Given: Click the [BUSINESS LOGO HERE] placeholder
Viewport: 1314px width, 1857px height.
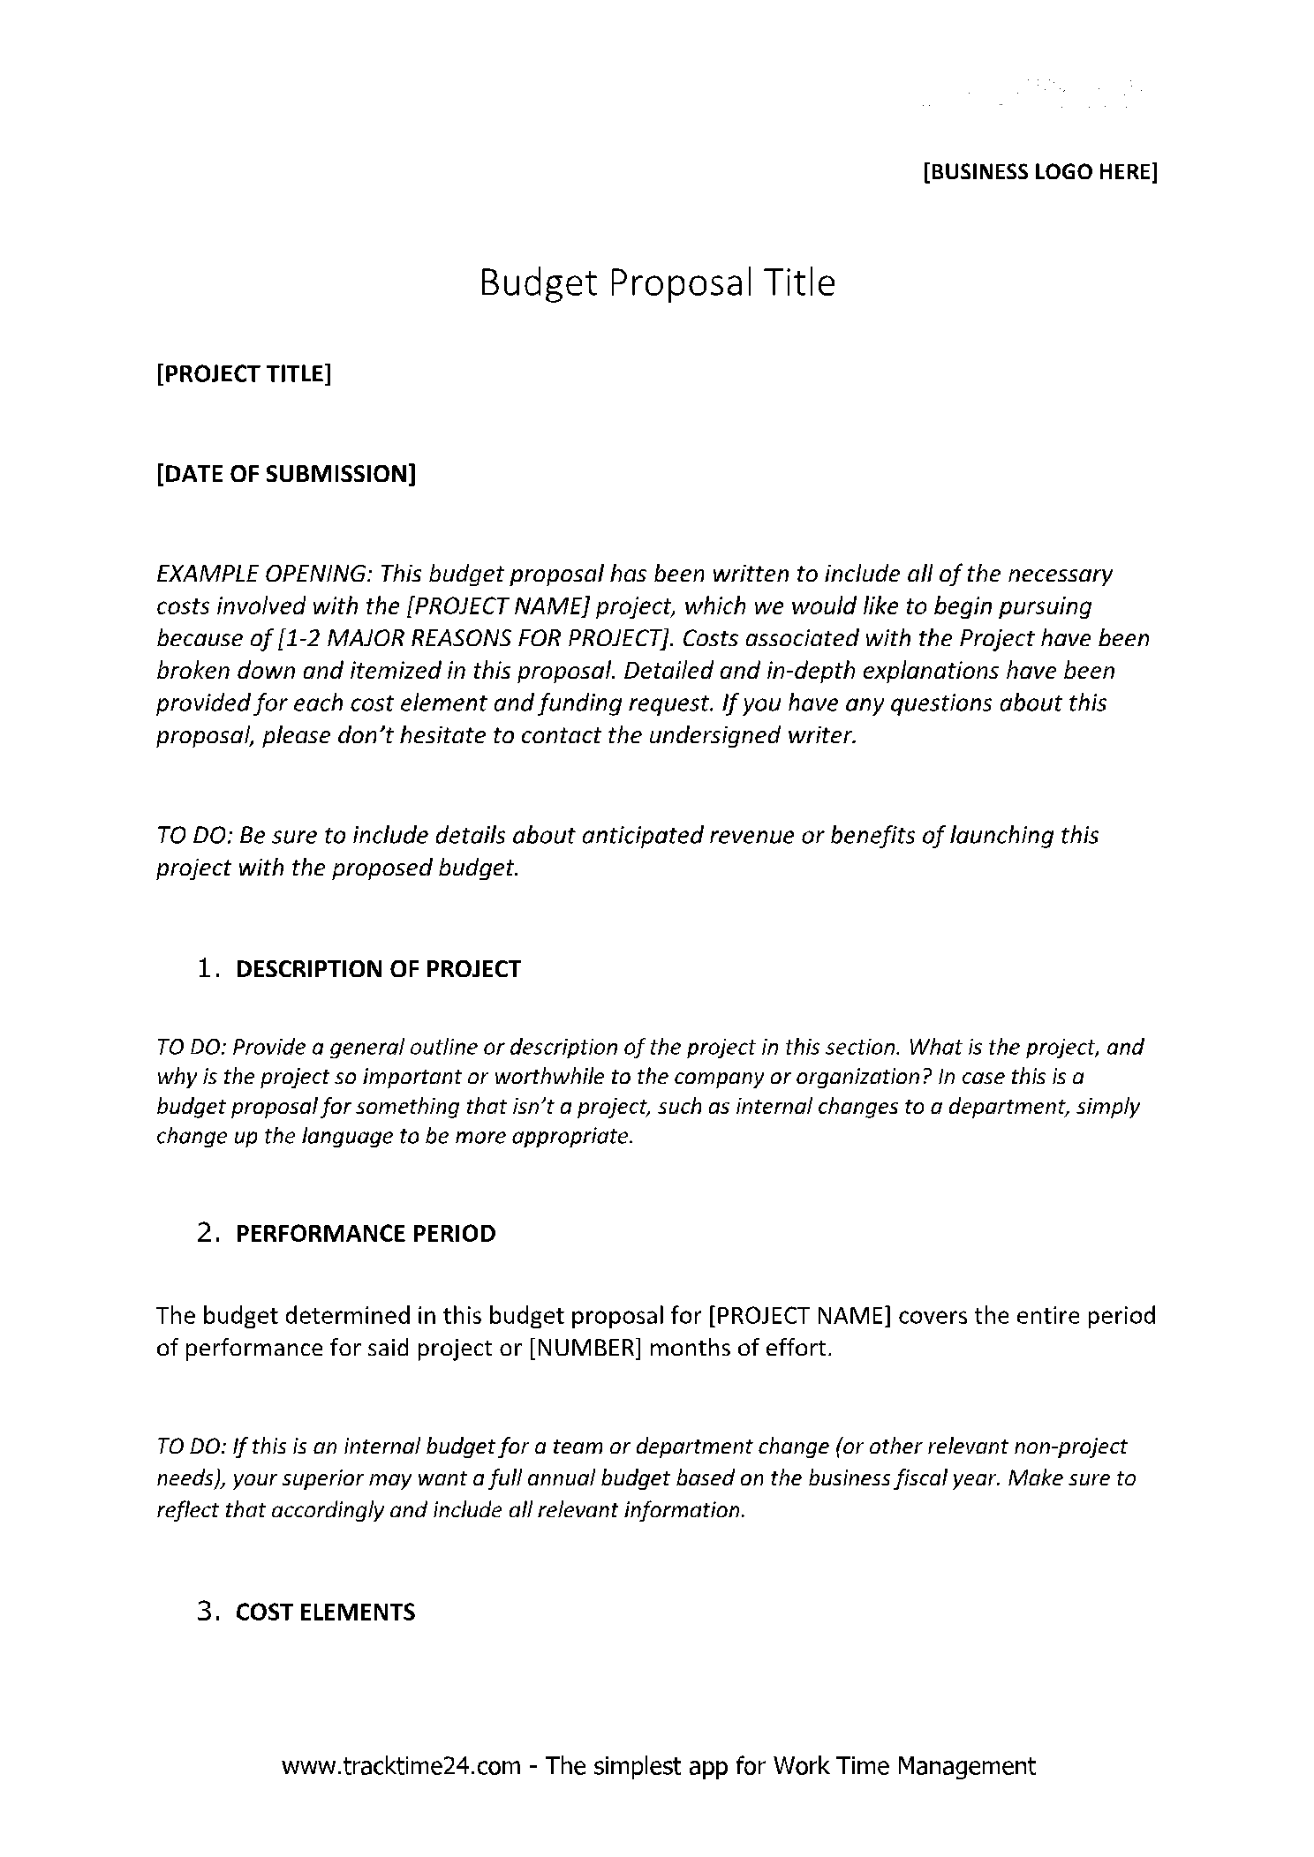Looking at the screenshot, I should click(1039, 171).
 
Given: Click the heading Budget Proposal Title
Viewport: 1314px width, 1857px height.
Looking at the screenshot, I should click(656, 283).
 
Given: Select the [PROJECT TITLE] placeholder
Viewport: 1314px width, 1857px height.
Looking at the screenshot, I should click(244, 374).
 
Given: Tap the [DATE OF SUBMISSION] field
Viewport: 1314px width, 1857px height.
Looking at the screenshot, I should click(285, 475).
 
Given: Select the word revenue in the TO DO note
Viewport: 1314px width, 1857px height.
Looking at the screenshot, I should click(753, 835).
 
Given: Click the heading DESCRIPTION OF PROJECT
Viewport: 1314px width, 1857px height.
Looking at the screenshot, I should click(378, 969).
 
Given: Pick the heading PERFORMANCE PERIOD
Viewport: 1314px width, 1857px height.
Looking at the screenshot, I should click(366, 1234).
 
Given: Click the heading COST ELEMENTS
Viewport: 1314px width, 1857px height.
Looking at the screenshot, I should click(325, 1613).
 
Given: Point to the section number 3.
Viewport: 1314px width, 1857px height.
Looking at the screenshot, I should click(208, 1613).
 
